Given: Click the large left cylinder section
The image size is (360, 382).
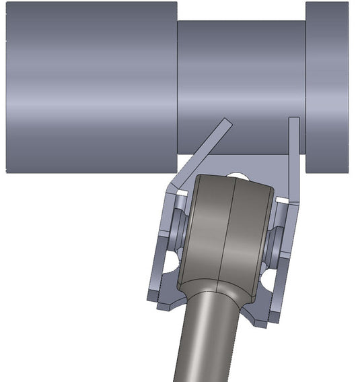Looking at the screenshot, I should pyautogui.click(x=92, y=86).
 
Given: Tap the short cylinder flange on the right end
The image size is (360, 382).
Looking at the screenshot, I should pyautogui.click(x=327, y=86).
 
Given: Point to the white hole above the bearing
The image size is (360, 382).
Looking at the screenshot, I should pyautogui.click(x=238, y=176).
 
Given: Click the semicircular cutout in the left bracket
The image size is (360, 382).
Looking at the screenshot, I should pyautogui.click(x=172, y=259).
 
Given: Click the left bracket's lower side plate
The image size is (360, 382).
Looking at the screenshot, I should pyautogui.click(x=159, y=269).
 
